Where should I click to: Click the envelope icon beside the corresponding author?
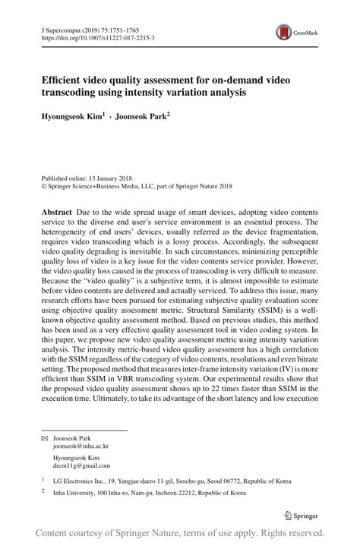pos(43,438)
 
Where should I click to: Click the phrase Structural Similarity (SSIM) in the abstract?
pos(251,311)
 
